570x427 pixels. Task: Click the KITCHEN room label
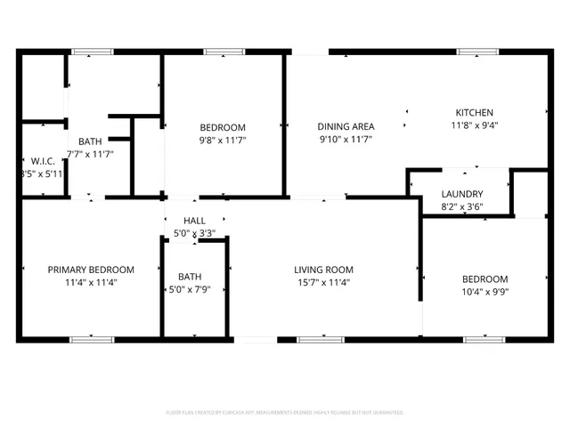474,113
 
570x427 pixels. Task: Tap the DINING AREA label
346,127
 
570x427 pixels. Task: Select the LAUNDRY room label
462,194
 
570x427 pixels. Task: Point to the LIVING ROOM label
324,270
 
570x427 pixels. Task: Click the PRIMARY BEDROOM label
91,270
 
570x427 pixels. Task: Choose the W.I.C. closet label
42,161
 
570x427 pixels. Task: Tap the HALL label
194,221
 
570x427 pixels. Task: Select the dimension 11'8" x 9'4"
474,125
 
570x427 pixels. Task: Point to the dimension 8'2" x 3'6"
462,206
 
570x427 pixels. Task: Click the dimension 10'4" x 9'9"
485,291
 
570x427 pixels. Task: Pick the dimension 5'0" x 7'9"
190,289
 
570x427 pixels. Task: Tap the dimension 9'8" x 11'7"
222,140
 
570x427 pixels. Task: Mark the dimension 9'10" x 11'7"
346,140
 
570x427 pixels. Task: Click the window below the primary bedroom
92,339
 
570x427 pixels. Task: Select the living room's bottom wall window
319,339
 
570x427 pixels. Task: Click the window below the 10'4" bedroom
485,339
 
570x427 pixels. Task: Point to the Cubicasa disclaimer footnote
285,413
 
